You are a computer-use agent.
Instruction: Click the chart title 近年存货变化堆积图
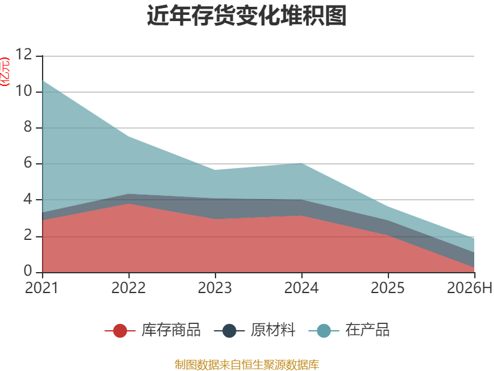[246, 15]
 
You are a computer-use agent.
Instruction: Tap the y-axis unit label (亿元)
[5, 72]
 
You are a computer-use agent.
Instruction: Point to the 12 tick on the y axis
[24, 54]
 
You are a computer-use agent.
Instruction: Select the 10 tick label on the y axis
[24, 91]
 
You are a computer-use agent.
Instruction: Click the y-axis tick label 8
[28, 127]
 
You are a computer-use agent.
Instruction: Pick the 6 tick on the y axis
[28, 163]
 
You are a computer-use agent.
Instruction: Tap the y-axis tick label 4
[28, 199]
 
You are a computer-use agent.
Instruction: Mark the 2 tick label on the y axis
[28, 236]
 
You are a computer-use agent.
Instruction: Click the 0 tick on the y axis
[28, 271]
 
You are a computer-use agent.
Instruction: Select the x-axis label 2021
[42, 288]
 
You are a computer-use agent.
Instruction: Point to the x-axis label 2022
[128, 288]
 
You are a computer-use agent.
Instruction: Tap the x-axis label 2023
[215, 288]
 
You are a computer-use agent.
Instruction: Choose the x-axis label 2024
[301, 288]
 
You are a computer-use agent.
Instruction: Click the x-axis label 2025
[388, 288]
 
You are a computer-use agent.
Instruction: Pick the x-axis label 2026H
[469, 288]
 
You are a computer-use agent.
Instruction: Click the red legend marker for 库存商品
[120, 331]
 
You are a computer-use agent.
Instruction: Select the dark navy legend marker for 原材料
[229, 331]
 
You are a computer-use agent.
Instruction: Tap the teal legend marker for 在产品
[324, 331]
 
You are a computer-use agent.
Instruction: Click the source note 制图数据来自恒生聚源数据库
[246, 365]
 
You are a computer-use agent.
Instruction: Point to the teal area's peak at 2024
[301, 163]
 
